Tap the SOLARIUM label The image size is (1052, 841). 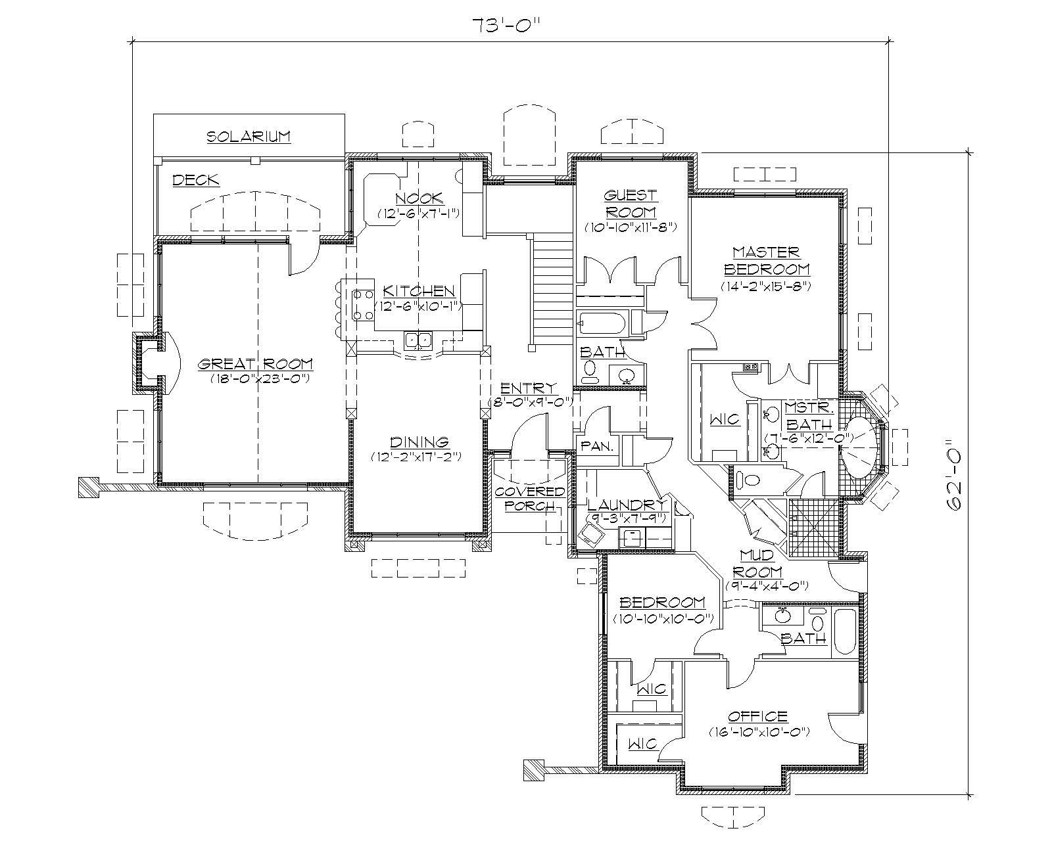[x=249, y=137]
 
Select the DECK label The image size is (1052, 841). [x=195, y=180]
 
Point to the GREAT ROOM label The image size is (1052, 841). [x=256, y=364]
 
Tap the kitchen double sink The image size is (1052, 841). [x=418, y=340]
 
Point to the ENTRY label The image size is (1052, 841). [x=528, y=388]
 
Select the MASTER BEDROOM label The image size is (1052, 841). [x=766, y=261]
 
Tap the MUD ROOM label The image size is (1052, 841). [x=756, y=564]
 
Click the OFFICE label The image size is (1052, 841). [x=757, y=716]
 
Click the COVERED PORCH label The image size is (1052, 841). [x=529, y=499]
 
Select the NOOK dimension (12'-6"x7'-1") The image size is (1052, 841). [x=418, y=214]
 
